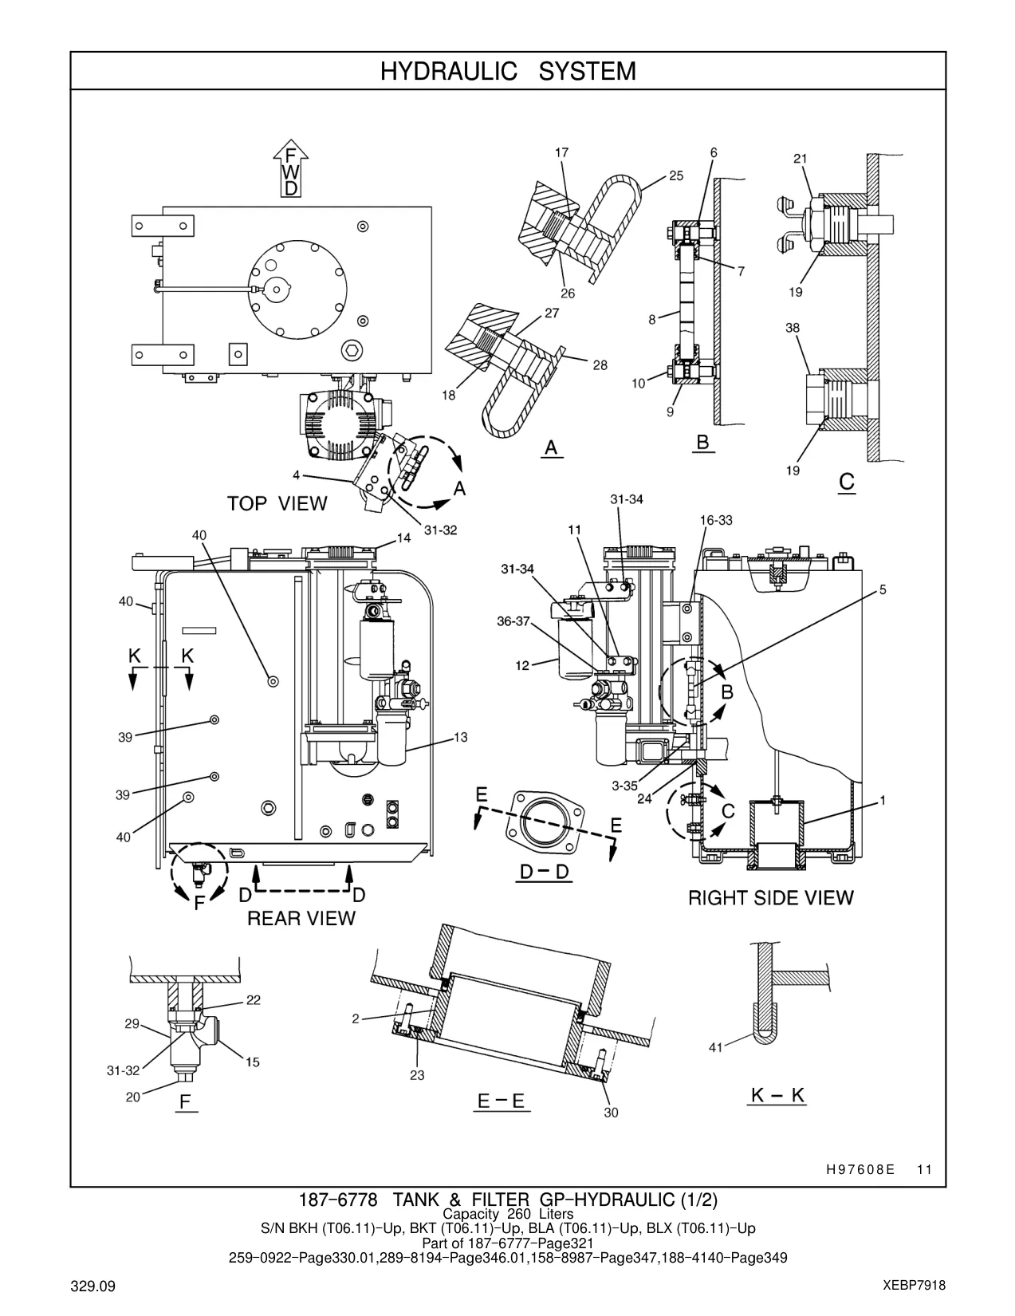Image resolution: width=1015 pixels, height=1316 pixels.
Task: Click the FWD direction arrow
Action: tap(291, 168)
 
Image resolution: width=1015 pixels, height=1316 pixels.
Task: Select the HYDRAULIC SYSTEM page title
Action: tap(508, 72)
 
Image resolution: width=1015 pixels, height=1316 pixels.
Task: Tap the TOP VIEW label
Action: tap(277, 503)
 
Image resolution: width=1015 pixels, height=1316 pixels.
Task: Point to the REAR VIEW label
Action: tap(301, 918)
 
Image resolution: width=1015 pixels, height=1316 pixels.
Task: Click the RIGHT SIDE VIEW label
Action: tap(770, 897)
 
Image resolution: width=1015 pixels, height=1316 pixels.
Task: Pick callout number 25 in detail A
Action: tap(676, 175)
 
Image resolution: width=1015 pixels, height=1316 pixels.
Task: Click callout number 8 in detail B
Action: tap(652, 319)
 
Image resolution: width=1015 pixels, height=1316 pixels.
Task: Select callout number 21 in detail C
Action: tap(801, 159)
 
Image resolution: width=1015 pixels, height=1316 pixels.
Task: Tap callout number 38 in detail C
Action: tap(793, 328)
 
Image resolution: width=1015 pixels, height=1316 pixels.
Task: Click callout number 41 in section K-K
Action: tap(716, 1047)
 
